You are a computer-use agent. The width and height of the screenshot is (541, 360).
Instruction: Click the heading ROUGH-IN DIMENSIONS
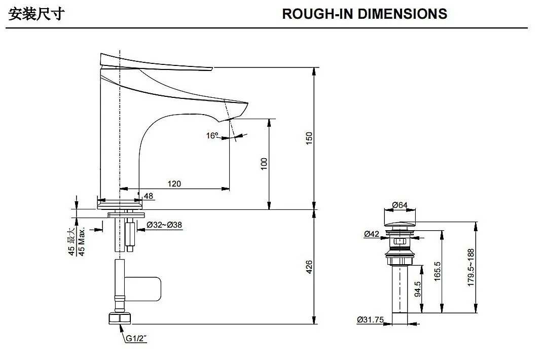click(365, 14)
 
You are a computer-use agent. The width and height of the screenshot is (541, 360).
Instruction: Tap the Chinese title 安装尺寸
click(36, 15)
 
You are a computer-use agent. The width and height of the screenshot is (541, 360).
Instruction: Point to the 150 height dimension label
click(309, 138)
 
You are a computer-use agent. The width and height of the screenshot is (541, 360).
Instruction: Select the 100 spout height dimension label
click(264, 164)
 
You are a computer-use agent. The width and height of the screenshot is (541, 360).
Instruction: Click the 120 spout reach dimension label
click(174, 184)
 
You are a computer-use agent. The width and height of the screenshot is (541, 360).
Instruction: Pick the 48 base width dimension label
click(149, 196)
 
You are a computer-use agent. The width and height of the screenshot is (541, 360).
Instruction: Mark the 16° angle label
click(212, 136)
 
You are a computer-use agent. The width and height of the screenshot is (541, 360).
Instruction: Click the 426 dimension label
click(309, 267)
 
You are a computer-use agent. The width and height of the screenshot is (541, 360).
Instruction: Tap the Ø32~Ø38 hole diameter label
click(164, 225)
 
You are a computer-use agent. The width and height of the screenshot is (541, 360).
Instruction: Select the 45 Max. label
click(82, 241)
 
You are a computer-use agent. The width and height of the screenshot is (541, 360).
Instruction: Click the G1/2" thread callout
click(136, 338)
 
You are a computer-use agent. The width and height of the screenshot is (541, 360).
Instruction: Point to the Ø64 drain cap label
click(400, 205)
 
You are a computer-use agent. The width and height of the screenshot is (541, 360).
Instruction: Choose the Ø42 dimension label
click(372, 234)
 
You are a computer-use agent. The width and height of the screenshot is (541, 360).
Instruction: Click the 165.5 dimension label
click(437, 271)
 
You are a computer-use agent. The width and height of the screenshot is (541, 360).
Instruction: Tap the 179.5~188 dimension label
click(471, 268)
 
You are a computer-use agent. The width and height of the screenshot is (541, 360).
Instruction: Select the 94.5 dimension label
click(417, 289)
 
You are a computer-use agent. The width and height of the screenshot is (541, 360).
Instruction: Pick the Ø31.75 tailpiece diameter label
click(370, 319)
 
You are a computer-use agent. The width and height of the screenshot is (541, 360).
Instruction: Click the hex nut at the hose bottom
click(120, 318)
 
